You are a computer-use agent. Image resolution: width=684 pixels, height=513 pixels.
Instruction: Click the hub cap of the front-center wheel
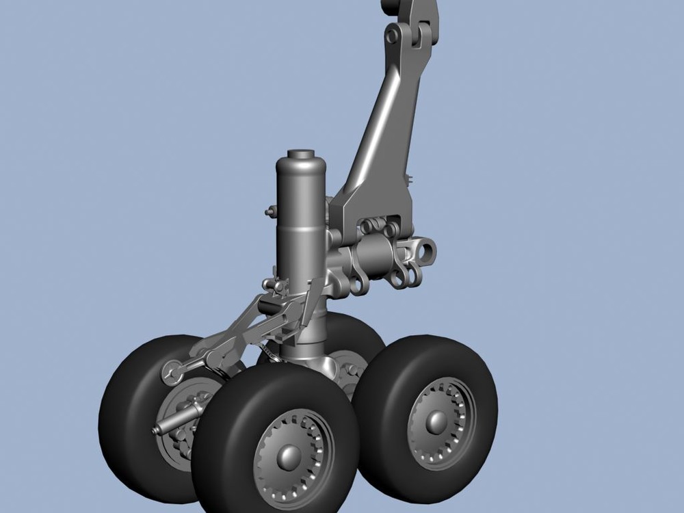pos(289,456)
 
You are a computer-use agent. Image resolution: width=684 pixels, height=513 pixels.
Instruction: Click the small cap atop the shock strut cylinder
pos(300,154)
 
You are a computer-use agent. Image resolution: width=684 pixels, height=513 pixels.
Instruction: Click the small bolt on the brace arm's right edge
pos(410,179)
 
